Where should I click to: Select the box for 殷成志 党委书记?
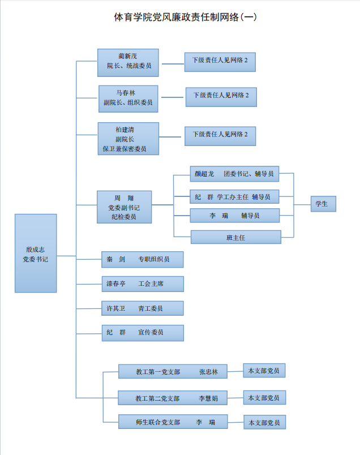tap(36, 253)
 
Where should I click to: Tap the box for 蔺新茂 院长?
tap(128, 62)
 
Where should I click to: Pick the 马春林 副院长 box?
tap(128, 98)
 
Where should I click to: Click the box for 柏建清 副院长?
tap(128, 139)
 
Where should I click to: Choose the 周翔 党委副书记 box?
tap(124, 207)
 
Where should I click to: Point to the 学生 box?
tap(323, 204)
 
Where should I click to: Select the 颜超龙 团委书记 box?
tap(234, 174)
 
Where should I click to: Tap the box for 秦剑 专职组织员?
tap(142, 260)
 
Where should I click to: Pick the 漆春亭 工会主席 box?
tap(142, 284)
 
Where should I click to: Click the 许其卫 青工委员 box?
tap(142, 308)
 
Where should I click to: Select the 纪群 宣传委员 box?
tap(142, 333)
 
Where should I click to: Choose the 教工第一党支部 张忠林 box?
tap(173, 372)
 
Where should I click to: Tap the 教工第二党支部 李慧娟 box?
tap(173, 398)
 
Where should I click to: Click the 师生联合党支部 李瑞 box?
tap(173, 422)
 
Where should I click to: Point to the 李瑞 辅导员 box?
tap(235, 216)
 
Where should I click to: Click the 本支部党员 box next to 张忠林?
tap(264, 371)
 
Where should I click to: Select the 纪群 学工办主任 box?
tap(235, 197)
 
